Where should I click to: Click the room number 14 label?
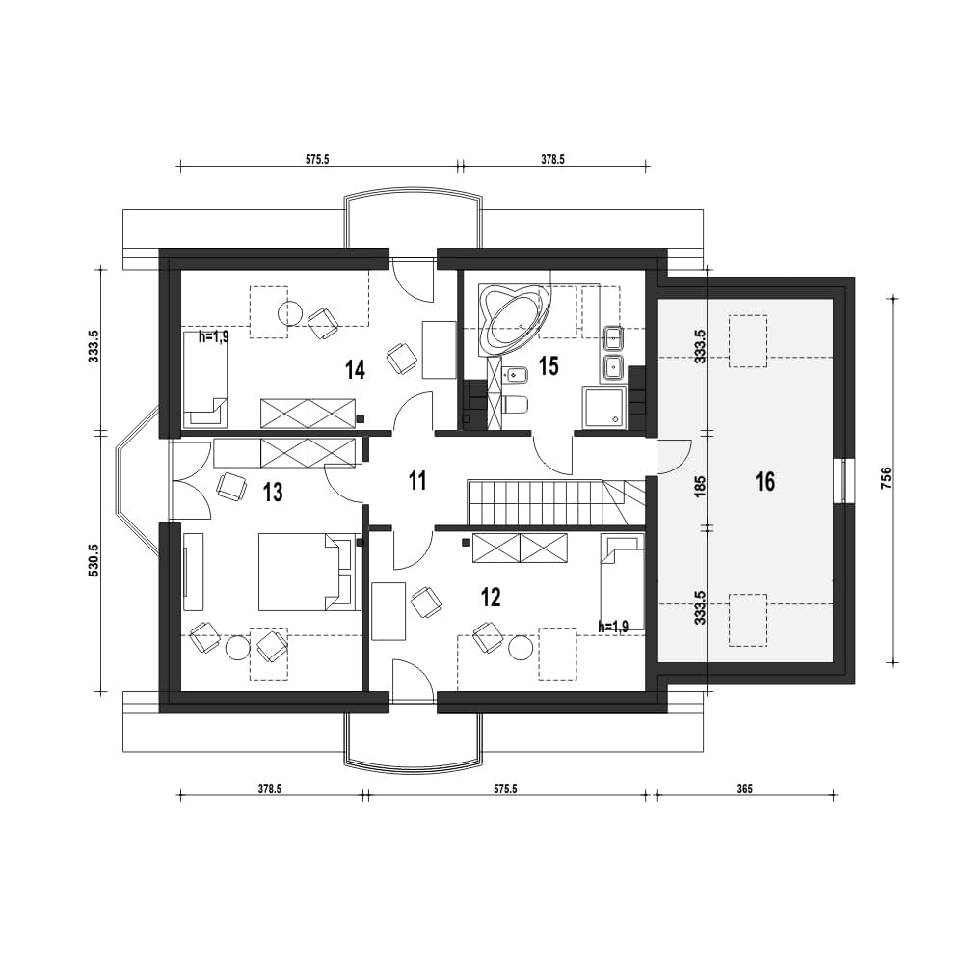coord(356,370)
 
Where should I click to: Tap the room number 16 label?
coord(764,481)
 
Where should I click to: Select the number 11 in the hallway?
coord(417,481)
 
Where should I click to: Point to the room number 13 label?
coord(273,492)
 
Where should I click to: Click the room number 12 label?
coord(492,597)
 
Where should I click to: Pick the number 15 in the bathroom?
coord(549,365)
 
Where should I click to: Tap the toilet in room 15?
coord(515,404)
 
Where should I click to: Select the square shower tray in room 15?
coord(603,407)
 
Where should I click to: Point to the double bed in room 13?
coord(308,572)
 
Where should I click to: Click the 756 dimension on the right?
coord(886,479)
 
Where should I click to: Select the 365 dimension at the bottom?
coord(744,789)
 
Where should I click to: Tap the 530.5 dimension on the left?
coord(94,559)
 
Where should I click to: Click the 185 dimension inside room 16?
coord(700,486)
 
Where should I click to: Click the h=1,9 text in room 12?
coord(613,627)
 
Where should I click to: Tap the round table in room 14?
coord(291,313)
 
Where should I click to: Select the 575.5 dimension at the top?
coord(318,159)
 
